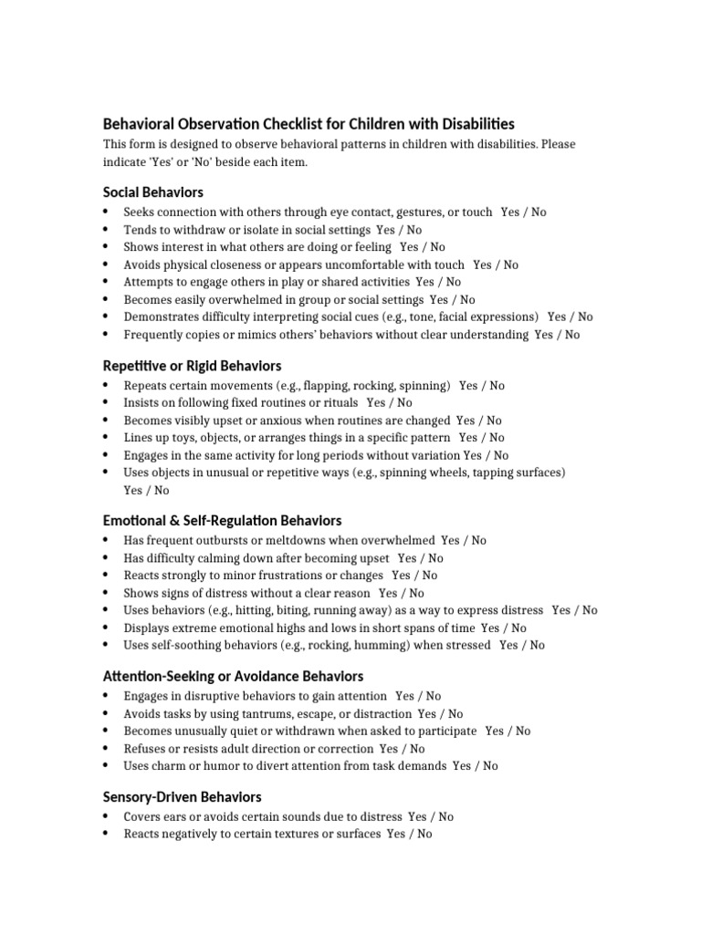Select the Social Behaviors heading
tap(152, 192)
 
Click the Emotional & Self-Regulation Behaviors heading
tap(222, 521)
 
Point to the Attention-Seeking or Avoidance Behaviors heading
tap(233, 676)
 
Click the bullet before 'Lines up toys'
tap(107, 438)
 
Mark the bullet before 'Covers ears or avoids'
tap(107, 817)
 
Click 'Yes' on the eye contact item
tap(510, 213)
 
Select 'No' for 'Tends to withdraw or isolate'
tap(413, 230)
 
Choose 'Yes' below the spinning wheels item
tap(133, 491)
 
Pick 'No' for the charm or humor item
tap(490, 766)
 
